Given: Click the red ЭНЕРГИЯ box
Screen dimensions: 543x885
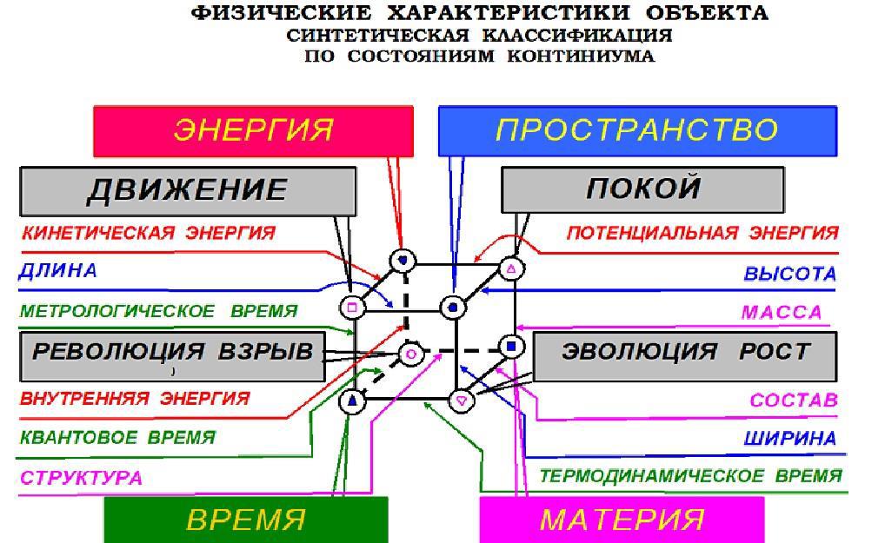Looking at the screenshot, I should [x=253, y=130].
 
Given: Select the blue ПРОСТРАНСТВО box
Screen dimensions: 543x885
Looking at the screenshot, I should [x=637, y=130].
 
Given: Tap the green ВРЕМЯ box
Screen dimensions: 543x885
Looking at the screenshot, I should [x=246, y=520].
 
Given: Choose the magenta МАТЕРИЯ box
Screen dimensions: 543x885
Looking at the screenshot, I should [x=622, y=520].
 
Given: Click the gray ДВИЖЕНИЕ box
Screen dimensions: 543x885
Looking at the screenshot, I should [x=187, y=190].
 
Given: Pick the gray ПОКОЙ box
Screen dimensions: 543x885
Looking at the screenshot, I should [x=642, y=189].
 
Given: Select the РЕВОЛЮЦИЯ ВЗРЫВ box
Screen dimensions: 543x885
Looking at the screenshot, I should [x=172, y=354].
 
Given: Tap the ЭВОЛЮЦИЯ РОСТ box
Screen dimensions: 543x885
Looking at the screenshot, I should [x=685, y=354].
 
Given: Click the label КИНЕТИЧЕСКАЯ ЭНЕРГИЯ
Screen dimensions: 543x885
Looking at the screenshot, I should [x=148, y=233].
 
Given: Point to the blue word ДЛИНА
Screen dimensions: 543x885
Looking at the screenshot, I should [x=57, y=271].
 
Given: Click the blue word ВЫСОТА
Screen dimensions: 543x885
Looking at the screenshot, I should [x=789, y=274].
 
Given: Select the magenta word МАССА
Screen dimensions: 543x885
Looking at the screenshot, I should [x=781, y=313].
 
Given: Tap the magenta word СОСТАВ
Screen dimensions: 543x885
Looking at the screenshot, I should [x=793, y=401].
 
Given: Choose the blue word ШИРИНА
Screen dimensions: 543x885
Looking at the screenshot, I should [x=789, y=439].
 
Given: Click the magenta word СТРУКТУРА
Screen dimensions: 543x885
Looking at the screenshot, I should [x=81, y=478].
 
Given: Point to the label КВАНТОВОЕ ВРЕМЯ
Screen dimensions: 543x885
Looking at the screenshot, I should [x=117, y=438].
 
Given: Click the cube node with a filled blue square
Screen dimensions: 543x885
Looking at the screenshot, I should [x=512, y=347].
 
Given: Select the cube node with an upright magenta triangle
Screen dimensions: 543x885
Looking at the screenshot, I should [x=512, y=268].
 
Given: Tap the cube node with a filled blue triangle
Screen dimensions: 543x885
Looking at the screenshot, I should [x=351, y=401].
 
